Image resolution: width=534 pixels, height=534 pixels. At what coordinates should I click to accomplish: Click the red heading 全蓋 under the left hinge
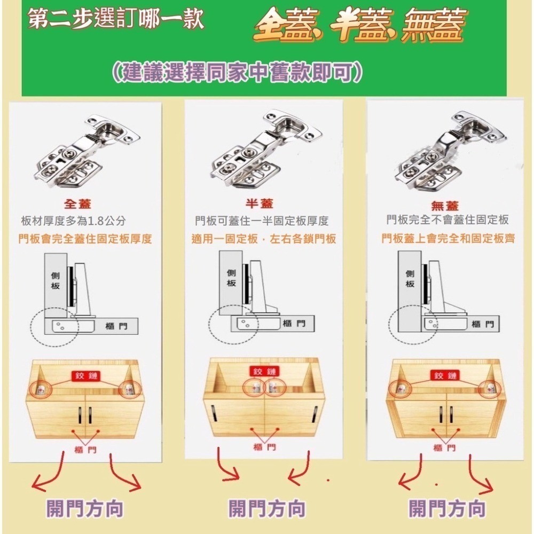[x=78, y=204]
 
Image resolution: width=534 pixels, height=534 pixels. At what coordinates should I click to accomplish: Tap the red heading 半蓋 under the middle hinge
[x=259, y=204]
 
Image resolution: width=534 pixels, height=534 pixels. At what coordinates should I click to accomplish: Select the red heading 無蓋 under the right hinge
[x=445, y=206]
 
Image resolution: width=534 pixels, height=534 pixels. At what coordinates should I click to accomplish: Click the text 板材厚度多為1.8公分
[x=73, y=221]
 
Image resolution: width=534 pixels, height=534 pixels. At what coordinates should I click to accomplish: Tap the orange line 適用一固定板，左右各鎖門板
[x=264, y=239]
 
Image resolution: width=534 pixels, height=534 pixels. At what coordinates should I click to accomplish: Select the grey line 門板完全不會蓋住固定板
[x=447, y=220]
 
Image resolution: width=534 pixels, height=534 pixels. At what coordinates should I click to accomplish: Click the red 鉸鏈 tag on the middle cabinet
[x=264, y=372]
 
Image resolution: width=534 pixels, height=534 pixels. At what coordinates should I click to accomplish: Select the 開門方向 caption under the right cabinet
[x=447, y=508]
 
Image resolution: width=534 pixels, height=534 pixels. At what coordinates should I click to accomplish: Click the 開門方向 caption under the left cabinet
[x=85, y=508]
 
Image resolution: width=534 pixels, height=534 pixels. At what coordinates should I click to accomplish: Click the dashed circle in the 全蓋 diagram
[x=54, y=326]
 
